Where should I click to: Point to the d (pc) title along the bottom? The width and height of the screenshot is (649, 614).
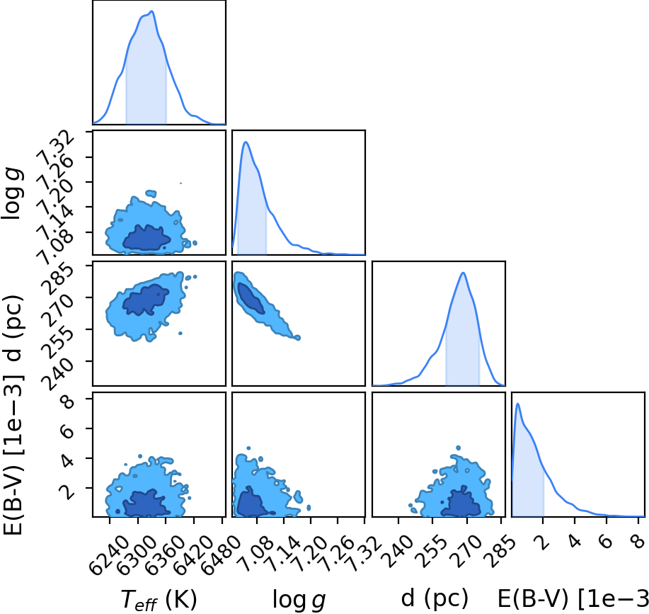435,598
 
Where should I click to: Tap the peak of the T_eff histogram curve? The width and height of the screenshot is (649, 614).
152,11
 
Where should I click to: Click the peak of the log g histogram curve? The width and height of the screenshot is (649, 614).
246,142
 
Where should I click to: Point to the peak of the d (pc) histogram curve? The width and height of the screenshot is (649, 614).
463,273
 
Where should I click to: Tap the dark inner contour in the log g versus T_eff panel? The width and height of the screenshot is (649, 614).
147,238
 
